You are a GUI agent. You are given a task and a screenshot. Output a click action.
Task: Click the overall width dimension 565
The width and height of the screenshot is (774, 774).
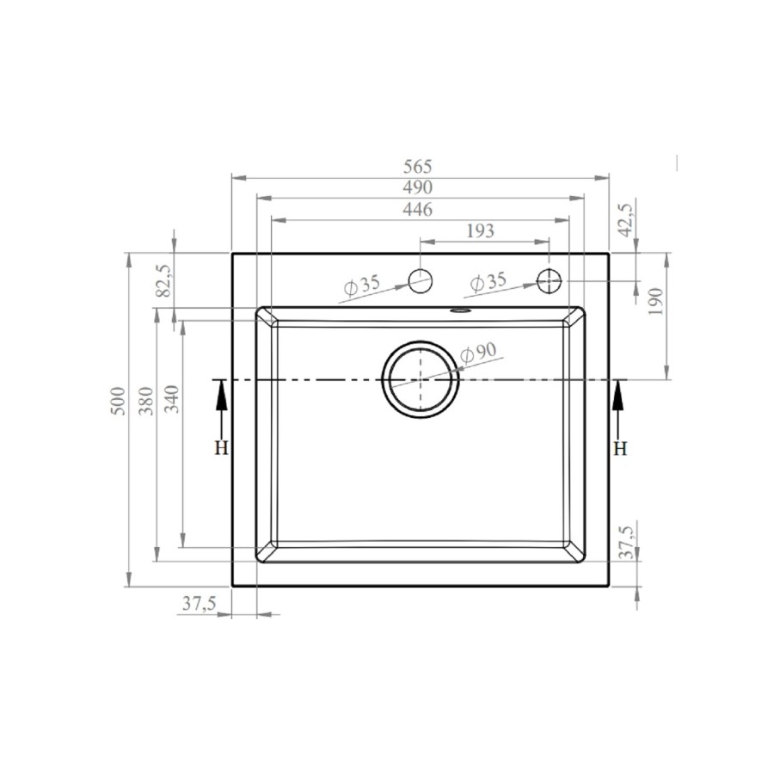pos(419,166)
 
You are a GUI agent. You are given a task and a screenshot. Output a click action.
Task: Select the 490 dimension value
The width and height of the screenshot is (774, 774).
pos(419,187)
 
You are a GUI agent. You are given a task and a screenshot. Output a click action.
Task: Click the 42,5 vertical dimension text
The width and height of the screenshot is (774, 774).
pos(625,219)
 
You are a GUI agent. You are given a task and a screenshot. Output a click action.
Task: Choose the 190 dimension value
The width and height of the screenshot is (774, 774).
pos(655,302)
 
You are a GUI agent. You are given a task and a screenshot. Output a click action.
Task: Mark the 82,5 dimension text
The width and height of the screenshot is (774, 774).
pos(164,281)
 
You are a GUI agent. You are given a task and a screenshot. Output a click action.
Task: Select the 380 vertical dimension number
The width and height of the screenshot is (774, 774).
pos(145,402)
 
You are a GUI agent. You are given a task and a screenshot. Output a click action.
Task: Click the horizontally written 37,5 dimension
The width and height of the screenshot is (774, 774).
pos(198,604)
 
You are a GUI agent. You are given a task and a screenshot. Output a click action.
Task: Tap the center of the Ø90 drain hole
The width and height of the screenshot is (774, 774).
pos(420,379)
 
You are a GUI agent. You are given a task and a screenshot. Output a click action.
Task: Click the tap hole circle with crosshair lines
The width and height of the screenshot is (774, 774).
pos(549,280)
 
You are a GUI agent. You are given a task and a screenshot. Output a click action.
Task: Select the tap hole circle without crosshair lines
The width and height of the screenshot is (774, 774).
pos(420,280)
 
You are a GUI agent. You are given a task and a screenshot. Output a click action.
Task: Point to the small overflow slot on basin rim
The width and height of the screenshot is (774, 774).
pos(460,310)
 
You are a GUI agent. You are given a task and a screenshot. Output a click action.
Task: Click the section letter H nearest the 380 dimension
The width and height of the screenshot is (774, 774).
pos(221,448)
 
